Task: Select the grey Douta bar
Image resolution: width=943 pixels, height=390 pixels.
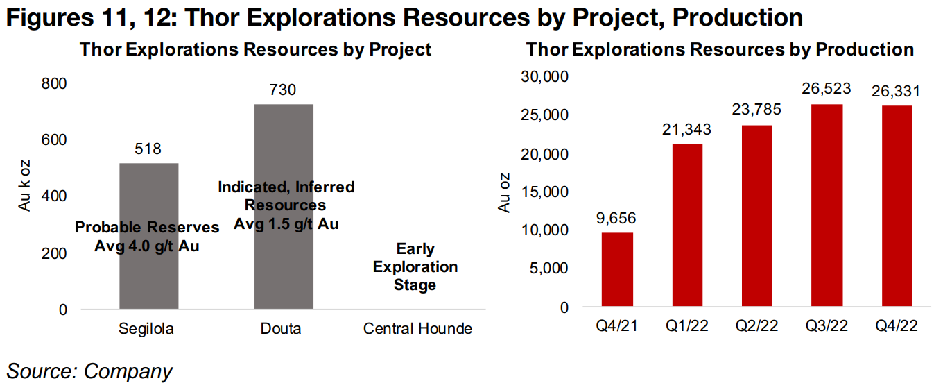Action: pyautogui.click(x=284, y=264)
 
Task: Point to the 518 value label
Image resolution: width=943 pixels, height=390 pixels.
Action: pyautogui.click(x=148, y=149)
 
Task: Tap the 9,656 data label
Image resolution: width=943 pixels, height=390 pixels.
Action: pyautogui.click(x=616, y=219)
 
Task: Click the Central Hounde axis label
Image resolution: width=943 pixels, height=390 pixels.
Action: pyautogui.click(x=417, y=328)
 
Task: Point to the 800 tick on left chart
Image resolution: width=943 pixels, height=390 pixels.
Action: pyautogui.click(x=54, y=83)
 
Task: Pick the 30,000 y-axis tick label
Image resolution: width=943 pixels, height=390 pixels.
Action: pyautogui.click(x=544, y=76)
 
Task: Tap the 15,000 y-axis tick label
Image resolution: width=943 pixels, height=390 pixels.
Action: pyautogui.click(x=544, y=192)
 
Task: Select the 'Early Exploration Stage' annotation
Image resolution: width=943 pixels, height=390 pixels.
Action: pyautogui.click(x=415, y=267)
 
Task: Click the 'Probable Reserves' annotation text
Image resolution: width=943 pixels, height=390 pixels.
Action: pyautogui.click(x=147, y=228)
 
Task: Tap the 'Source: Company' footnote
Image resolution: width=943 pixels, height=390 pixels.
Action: pyautogui.click(x=89, y=371)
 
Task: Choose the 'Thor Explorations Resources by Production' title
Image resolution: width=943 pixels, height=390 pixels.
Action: pyautogui.click(x=720, y=50)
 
